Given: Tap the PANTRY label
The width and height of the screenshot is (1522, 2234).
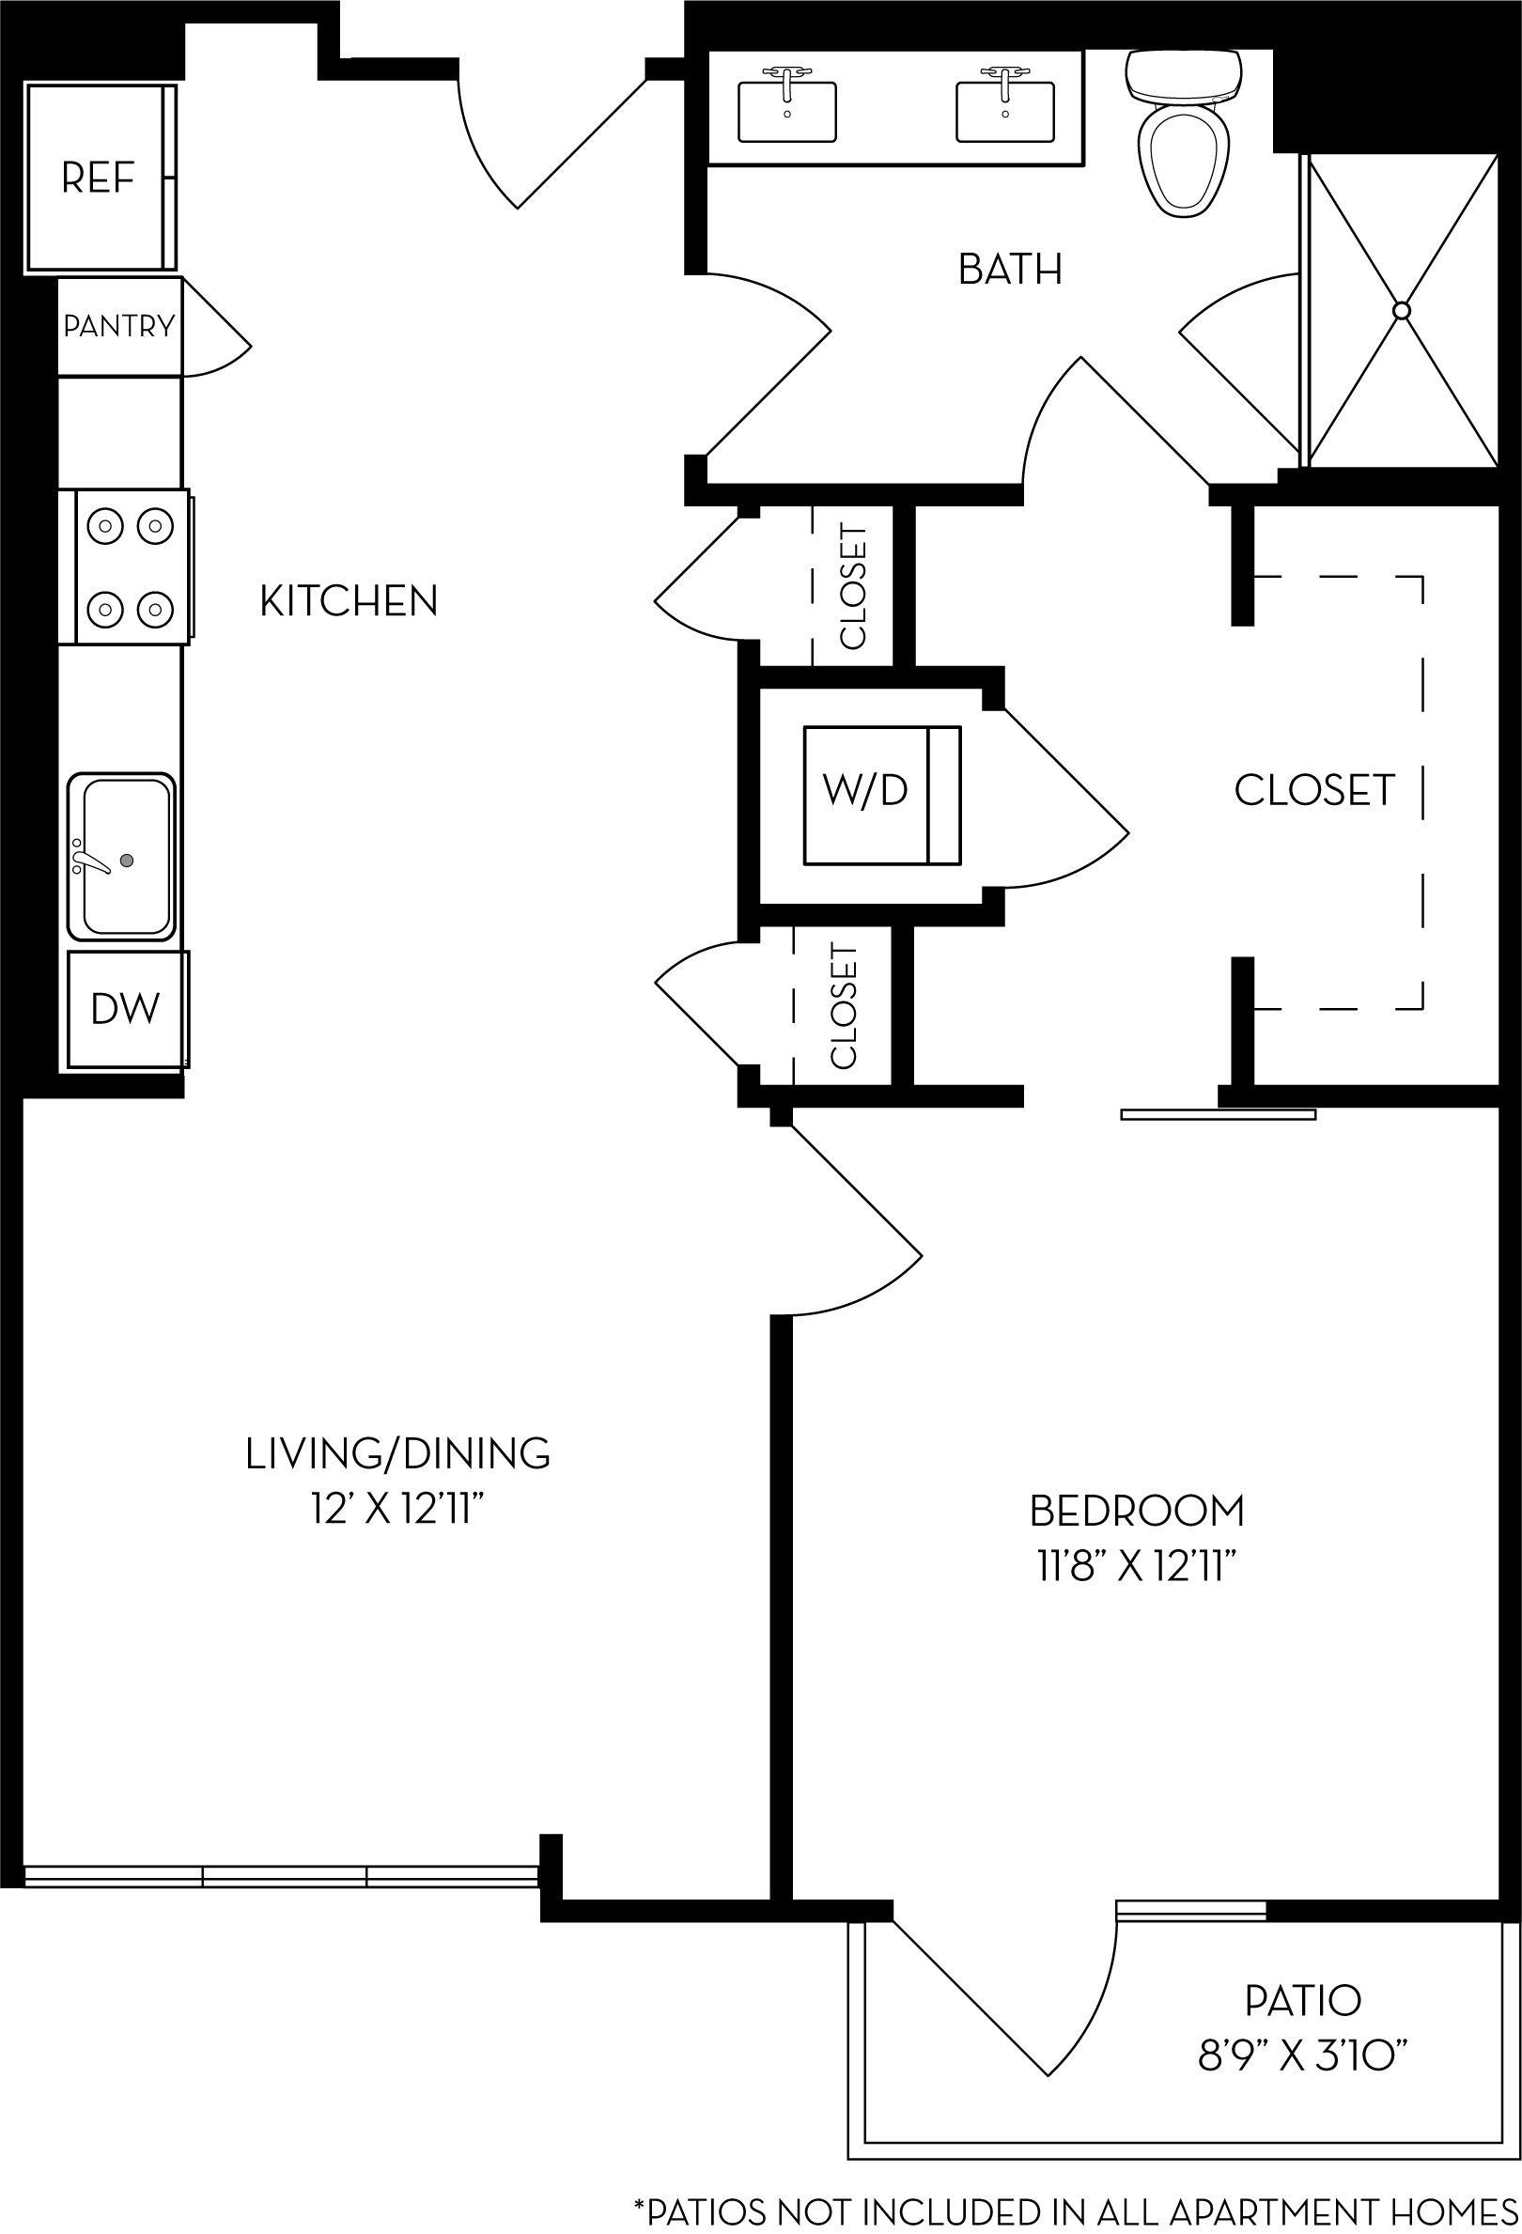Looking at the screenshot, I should pyautogui.click(x=119, y=327).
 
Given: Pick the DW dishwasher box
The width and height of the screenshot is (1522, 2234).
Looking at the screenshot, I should pyautogui.click(x=126, y=1009).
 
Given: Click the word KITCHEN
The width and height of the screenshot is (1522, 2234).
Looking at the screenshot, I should pyautogui.click(x=349, y=602).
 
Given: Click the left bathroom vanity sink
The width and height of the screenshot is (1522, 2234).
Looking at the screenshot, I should pyautogui.click(x=786, y=111).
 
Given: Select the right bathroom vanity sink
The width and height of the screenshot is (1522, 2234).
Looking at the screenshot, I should pyautogui.click(x=1004, y=111).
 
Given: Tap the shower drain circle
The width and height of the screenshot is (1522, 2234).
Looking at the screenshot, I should pyautogui.click(x=1401, y=311).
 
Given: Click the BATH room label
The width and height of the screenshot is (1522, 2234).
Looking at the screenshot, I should pyautogui.click(x=1010, y=271).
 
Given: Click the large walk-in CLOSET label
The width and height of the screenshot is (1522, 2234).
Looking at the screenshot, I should pyautogui.click(x=1313, y=790).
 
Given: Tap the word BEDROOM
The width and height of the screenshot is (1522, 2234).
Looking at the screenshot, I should pyautogui.click(x=1137, y=1512).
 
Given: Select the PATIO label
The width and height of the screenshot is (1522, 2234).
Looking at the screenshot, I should pyautogui.click(x=1303, y=2000).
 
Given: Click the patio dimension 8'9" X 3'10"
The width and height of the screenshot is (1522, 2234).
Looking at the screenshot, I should pyautogui.click(x=1303, y=2056).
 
